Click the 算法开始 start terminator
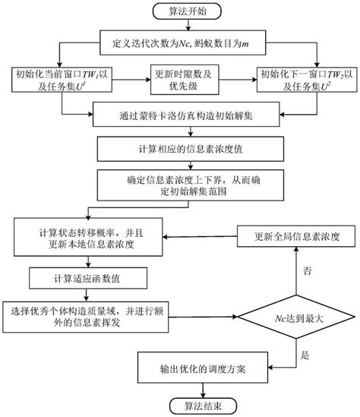click(180, 11)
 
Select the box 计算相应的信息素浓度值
click(180, 148)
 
